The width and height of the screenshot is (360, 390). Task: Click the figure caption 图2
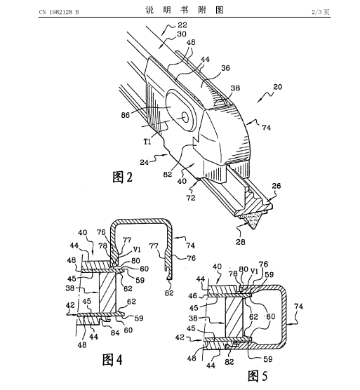tap(122, 177)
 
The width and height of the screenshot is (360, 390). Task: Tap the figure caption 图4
tap(112, 360)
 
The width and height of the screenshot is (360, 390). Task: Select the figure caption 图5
tap(258, 376)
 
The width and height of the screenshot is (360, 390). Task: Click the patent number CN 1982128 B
tap(59, 12)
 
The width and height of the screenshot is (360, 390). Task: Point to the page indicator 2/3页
tap(321, 12)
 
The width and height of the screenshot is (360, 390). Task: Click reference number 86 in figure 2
tap(126, 115)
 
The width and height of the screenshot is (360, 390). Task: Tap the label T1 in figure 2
tap(147, 142)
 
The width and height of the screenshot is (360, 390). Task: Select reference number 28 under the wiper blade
tap(240, 241)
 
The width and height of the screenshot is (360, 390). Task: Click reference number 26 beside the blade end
tap(276, 186)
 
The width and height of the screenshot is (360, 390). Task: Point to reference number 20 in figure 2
tap(278, 87)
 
